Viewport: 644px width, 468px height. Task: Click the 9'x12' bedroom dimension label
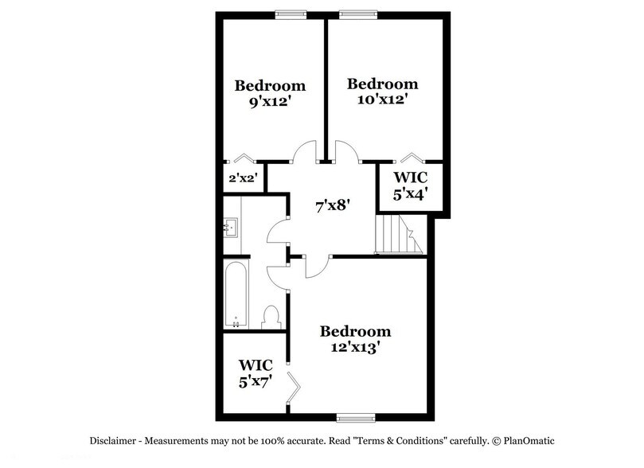pyautogui.click(x=270, y=101)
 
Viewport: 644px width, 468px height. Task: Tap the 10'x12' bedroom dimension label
pyautogui.click(x=382, y=99)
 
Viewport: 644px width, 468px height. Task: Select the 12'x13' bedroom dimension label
pyautogui.click(x=355, y=347)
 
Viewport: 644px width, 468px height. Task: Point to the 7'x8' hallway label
pyautogui.click(x=333, y=206)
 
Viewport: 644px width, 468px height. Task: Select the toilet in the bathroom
pyautogui.click(x=271, y=317)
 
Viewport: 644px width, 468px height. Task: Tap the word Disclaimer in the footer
pyautogui.click(x=110, y=440)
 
